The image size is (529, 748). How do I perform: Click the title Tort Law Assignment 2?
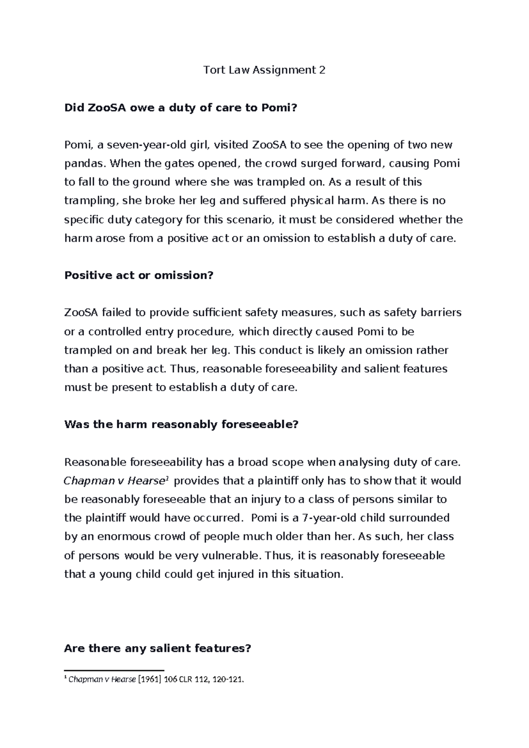(x=264, y=70)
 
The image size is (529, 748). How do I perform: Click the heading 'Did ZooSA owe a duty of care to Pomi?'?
(x=178, y=108)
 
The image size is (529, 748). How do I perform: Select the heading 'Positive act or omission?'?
(x=139, y=275)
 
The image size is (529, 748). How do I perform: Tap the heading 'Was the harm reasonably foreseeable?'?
(x=182, y=424)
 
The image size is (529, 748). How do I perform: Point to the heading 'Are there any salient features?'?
(x=157, y=648)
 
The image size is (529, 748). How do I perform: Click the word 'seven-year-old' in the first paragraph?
(x=127, y=145)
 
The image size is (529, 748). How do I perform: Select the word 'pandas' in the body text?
(x=85, y=164)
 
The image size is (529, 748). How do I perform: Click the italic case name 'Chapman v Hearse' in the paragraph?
(x=114, y=481)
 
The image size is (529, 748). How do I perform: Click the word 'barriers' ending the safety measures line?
(x=441, y=313)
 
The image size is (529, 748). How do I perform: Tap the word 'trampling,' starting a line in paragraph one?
(x=92, y=201)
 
